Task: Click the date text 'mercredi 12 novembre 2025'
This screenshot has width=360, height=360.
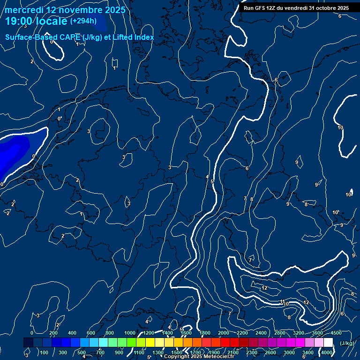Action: (x=65, y=10)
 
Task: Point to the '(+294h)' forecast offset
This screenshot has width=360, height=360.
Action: (x=83, y=21)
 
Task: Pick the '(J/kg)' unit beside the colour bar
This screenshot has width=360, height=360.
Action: (x=346, y=344)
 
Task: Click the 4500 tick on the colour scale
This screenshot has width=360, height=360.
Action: (x=336, y=333)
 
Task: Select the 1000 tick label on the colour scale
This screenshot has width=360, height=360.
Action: (x=129, y=333)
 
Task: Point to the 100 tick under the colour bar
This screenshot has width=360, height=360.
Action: (x=45, y=352)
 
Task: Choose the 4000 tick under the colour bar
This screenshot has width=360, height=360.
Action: (x=327, y=352)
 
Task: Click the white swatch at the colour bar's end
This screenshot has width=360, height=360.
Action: (x=328, y=343)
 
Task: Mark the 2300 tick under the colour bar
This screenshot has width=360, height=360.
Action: (x=252, y=352)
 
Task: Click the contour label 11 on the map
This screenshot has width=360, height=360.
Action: (x=282, y=301)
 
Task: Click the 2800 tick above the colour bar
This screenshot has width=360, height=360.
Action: (x=280, y=333)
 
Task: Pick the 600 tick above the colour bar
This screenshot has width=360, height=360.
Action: (x=91, y=333)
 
